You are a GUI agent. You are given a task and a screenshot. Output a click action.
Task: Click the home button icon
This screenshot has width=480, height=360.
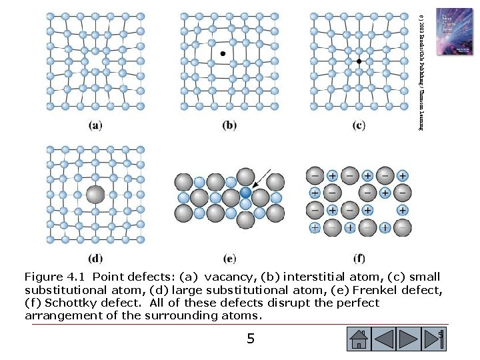(x=359, y=339)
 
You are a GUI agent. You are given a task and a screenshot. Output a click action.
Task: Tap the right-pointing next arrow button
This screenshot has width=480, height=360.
(x=411, y=339)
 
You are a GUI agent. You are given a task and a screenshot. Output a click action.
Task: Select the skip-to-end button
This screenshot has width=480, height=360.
(x=437, y=339)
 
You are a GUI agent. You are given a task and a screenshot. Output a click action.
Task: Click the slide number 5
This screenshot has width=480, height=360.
(x=250, y=339)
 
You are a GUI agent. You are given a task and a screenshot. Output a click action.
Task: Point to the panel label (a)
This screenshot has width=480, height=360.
(x=96, y=125)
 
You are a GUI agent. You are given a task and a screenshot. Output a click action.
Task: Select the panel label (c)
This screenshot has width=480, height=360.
(x=359, y=125)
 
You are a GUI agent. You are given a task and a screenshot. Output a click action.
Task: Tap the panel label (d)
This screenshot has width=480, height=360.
(x=96, y=258)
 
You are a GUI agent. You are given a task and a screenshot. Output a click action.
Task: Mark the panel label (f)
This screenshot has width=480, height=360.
(x=359, y=258)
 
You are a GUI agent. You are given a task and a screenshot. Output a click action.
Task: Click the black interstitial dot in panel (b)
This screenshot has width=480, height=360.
(x=223, y=52)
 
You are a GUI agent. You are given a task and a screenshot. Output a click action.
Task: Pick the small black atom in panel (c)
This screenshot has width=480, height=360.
(x=359, y=61)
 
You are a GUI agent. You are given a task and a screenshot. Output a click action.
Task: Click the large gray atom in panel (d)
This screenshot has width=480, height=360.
(x=95, y=195)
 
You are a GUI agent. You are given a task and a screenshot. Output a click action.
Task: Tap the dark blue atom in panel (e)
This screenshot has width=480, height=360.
(x=246, y=192)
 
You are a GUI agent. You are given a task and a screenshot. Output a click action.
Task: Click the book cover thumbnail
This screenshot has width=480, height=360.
(x=453, y=31)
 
